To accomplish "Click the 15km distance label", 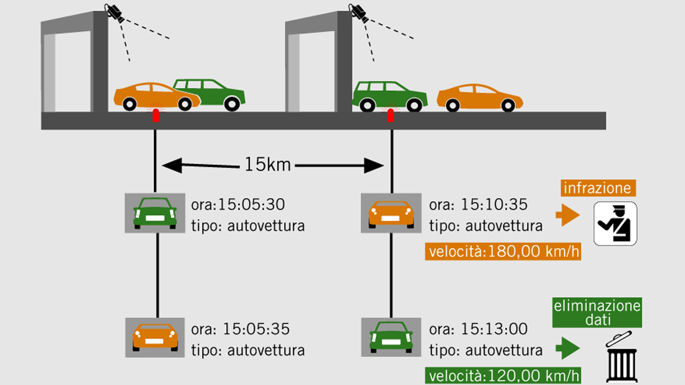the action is [x=268, y=165].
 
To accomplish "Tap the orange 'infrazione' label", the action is [x=598, y=188].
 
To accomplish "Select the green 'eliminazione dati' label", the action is [x=597, y=313].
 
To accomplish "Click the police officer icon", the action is [x=615, y=224].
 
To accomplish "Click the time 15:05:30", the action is [x=251, y=205].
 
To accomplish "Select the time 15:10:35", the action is [x=494, y=205].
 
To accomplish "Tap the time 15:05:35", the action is [x=256, y=329].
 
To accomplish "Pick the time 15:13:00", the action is [x=494, y=329].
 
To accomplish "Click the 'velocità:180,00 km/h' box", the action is [x=503, y=251].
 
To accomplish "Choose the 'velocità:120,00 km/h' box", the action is [x=503, y=376].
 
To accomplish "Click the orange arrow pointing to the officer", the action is [x=568, y=215].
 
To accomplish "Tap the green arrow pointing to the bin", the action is [x=568, y=348].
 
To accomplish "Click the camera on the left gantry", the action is [x=114, y=12].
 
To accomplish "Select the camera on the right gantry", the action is [x=359, y=12].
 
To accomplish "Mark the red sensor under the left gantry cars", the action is [x=156, y=115].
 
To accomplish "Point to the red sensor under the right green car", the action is [x=391, y=115].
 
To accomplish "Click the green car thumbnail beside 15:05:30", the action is [x=155, y=213].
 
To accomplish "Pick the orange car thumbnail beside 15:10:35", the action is [x=391, y=213].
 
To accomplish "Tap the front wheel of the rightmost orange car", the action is [x=508, y=105].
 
